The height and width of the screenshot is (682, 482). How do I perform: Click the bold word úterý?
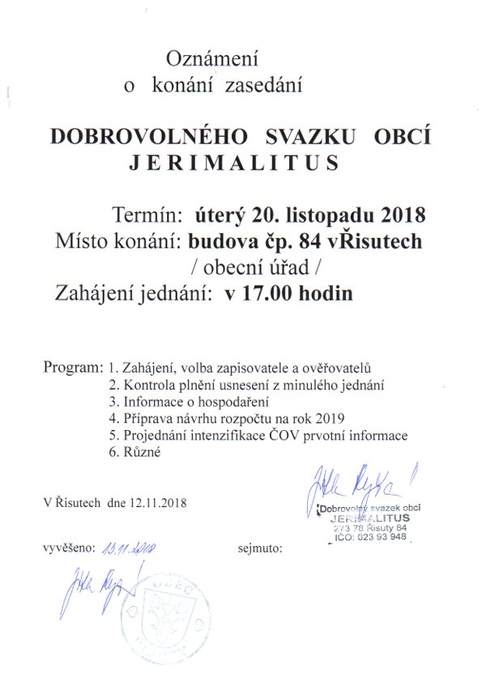coord(223,216)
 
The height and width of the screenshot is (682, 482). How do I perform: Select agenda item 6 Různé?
coord(135,454)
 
